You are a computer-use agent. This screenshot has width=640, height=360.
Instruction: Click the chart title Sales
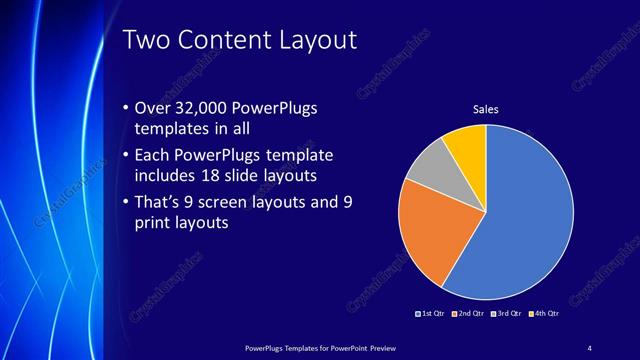[485, 109]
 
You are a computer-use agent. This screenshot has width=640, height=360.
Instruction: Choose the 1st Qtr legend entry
[431, 314]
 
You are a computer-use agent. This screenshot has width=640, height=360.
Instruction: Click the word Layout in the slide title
[309, 40]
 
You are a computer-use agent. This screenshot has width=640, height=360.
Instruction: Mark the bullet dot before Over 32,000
[124, 108]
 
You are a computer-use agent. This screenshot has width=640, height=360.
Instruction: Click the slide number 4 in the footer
[589, 347]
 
